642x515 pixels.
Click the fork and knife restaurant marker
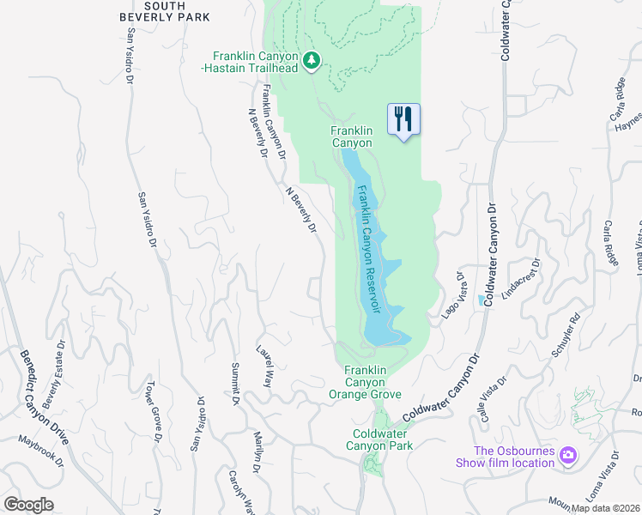click(x=403, y=118)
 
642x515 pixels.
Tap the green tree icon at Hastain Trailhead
click(x=313, y=60)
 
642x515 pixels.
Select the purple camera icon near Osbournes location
click(x=567, y=455)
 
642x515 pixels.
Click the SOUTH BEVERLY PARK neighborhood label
click(x=178, y=11)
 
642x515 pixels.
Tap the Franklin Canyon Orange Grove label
click(x=365, y=382)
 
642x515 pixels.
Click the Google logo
click(x=28, y=505)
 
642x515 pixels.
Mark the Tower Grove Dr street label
click(x=154, y=411)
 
